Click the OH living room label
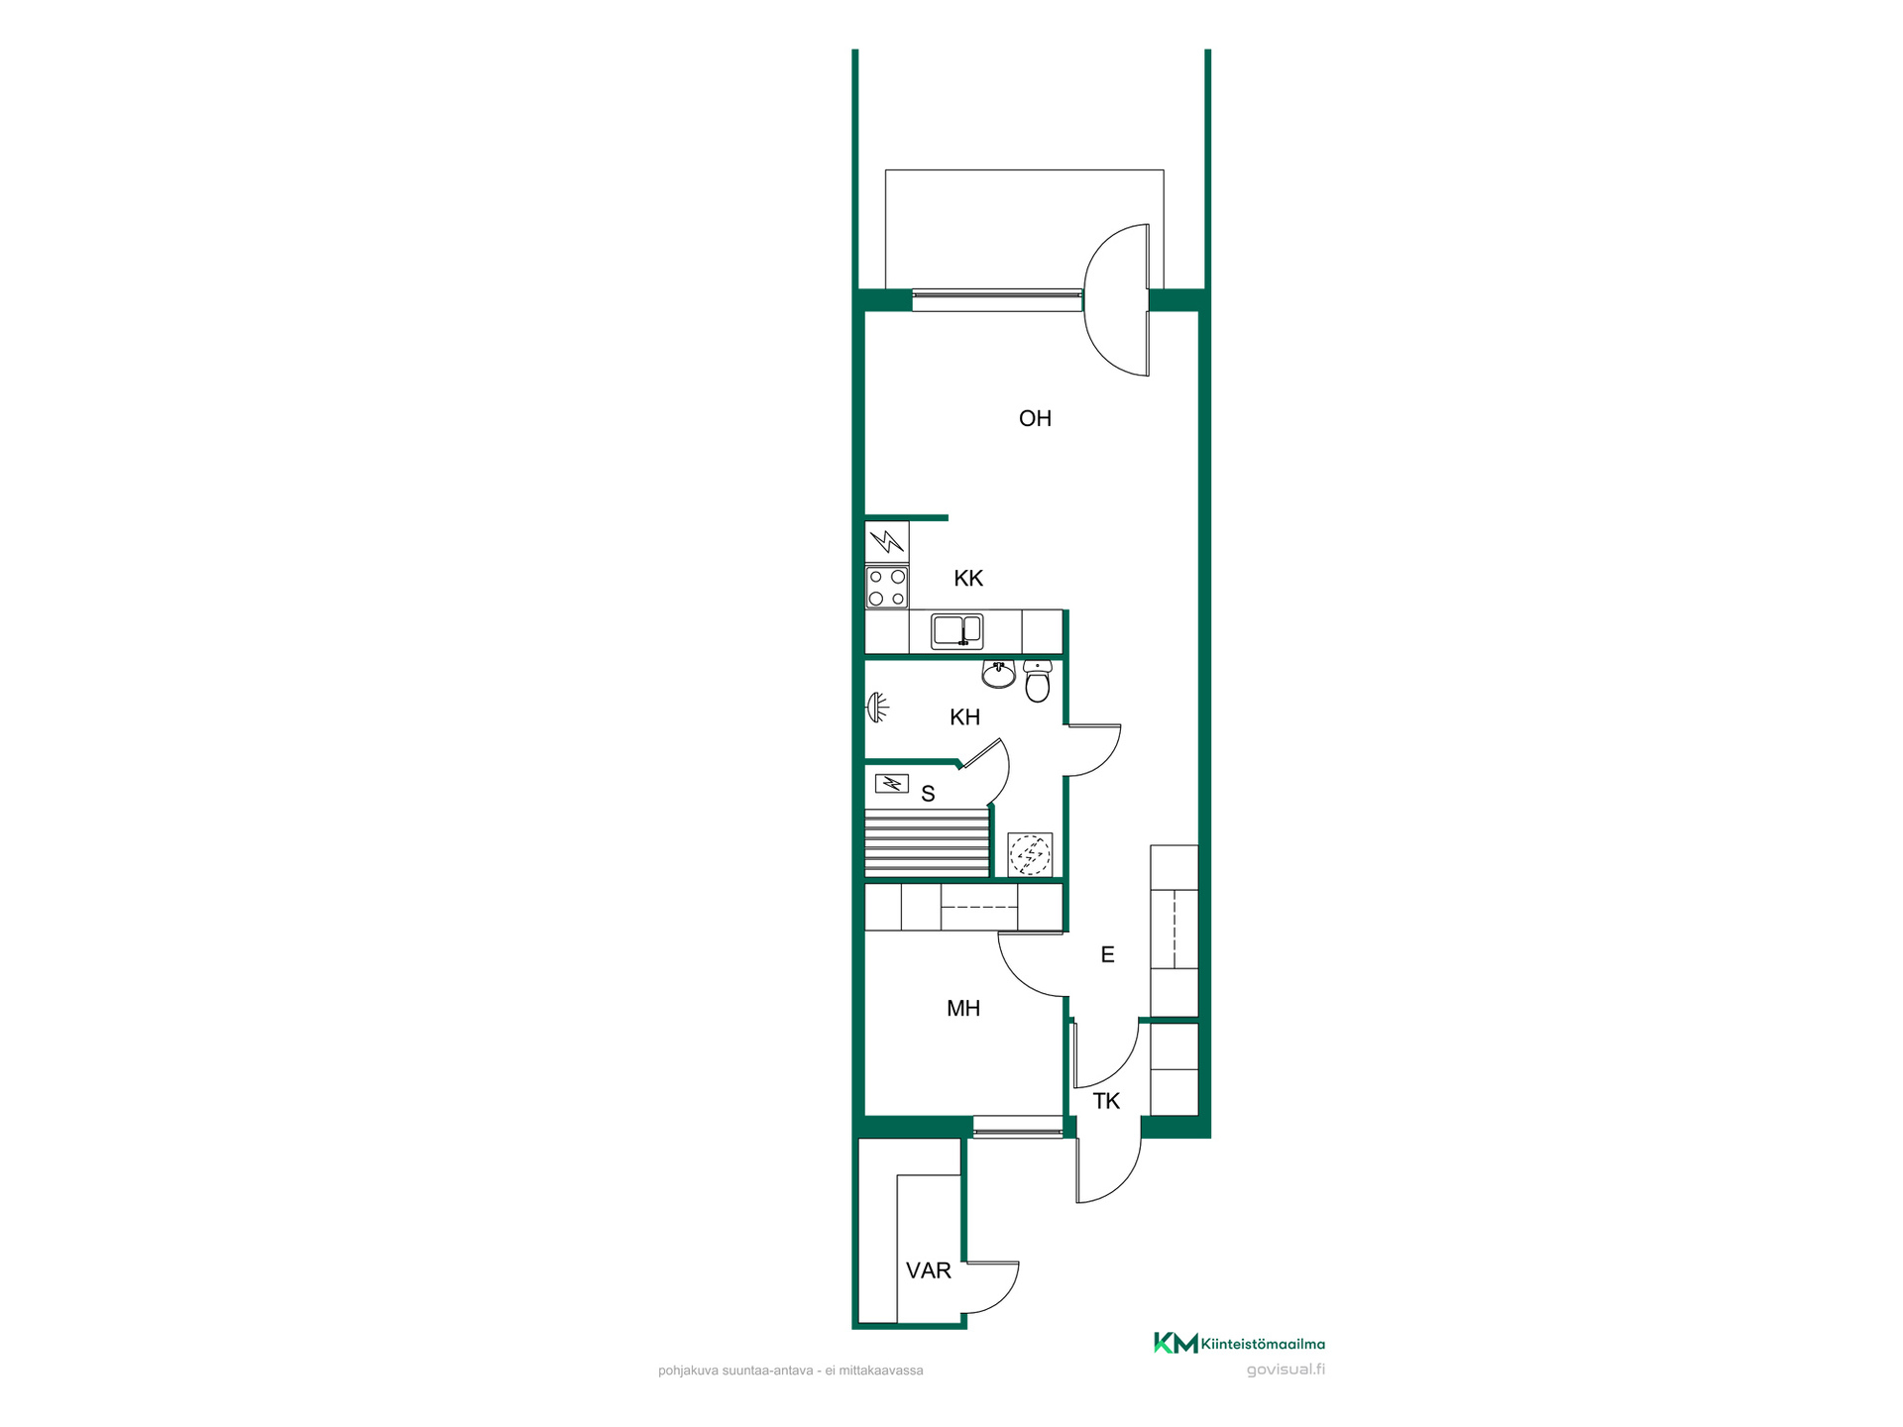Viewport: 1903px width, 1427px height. point(1035,418)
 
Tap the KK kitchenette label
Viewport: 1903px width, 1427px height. point(968,578)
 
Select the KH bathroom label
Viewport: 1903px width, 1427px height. point(964,716)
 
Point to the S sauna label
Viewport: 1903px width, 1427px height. point(928,794)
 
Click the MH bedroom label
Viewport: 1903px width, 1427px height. point(963,1008)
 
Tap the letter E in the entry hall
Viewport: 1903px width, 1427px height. point(1108,954)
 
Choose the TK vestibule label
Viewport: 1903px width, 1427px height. point(1106,1101)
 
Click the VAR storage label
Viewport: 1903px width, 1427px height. point(929,1270)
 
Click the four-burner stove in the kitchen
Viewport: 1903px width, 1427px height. point(887,587)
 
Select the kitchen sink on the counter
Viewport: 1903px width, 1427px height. point(956,631)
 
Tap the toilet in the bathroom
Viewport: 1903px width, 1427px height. point(1038,681)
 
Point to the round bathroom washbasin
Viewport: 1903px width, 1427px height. point(998,674)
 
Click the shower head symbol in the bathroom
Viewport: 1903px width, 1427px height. point(877,708)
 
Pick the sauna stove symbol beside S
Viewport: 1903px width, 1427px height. point(891,784)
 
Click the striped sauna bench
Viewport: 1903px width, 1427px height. point(928,841)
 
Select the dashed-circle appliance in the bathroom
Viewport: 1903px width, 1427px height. point(1030,854)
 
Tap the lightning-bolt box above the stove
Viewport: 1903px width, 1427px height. point(887,542)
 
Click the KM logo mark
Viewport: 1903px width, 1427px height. point(1175,1343)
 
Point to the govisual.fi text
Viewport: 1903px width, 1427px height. point(1286,1370)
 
